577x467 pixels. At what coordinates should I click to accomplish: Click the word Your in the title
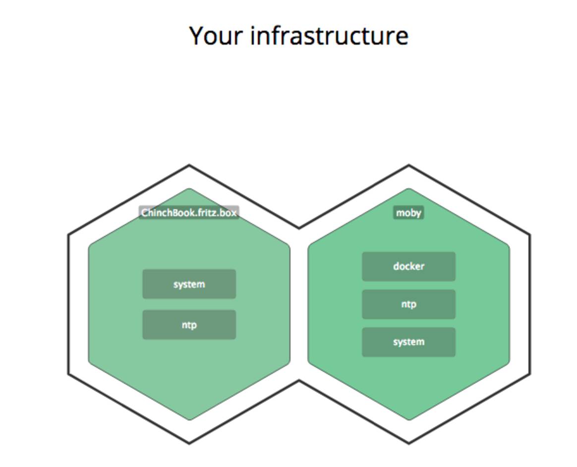pos(217,36)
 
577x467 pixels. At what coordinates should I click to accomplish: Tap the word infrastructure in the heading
pos(329,36)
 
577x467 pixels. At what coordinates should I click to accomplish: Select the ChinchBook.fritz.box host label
pos(189,213)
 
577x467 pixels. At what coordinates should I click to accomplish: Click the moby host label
pos(408,213)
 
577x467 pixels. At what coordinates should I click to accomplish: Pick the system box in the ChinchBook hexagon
pos(189,284)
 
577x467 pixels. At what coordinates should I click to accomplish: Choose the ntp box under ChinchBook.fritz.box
pos(189,325)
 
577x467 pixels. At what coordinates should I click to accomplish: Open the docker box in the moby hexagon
pos(408,266)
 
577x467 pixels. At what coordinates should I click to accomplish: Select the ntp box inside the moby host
pos(408,304)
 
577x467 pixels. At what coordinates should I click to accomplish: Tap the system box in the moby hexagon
pos(408,342)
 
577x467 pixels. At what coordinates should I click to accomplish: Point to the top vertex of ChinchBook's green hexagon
pos(189,189)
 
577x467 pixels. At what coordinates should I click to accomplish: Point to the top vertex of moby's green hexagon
pos(408,189)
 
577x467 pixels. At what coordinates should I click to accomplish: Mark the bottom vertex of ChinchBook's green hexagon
pos(189,419)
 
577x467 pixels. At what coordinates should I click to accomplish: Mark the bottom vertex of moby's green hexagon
pos(408,419)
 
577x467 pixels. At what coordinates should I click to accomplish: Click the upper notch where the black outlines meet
pos(298,228)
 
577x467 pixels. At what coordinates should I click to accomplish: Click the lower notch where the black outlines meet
pos(298,381)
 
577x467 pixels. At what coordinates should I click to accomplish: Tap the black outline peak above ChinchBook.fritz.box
pos(189,166)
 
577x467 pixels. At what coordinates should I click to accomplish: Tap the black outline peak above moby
pos(408,166)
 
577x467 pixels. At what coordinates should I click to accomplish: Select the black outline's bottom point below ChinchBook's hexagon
pos(189,443)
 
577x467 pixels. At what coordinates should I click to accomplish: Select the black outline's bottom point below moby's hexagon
pos(408,443)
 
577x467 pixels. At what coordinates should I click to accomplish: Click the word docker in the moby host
pos(408,266)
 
